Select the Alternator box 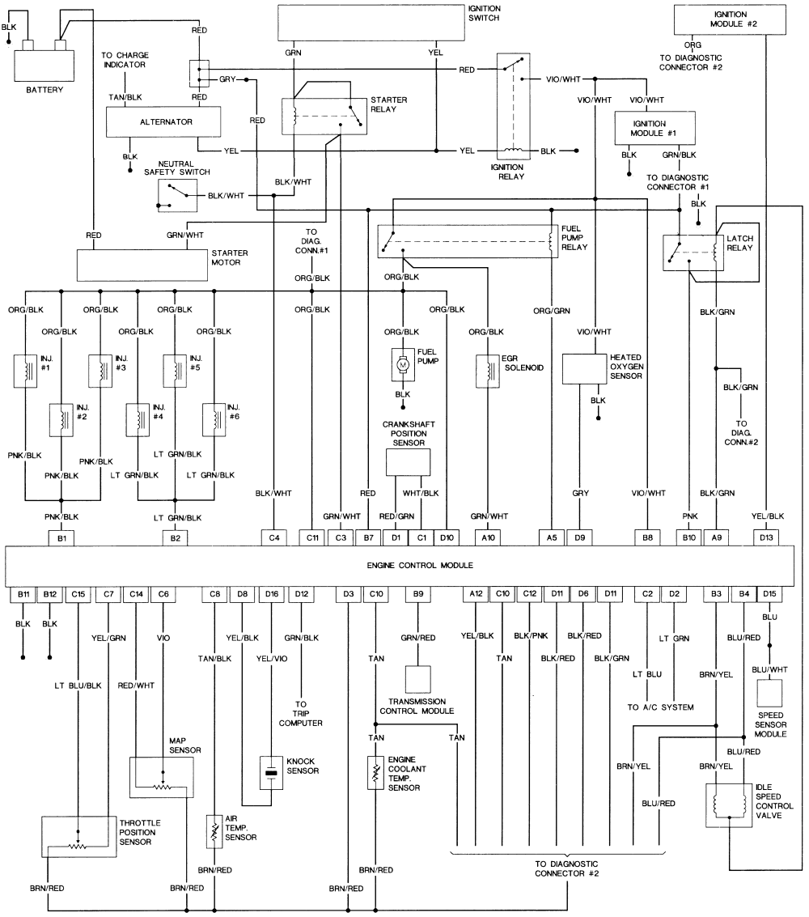(x=163, y=122)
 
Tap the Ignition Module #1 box (x=654, y=128)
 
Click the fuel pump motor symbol (x=403, y=364)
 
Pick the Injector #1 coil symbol (x=25, y=371)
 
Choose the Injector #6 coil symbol (x=214, y=420)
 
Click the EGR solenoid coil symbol (x=488, y=371)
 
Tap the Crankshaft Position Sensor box (x=408, y=463)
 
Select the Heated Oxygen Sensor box (x=584, y=369)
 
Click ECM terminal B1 (x=61, y=538)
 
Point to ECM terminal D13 (x=766, y=538)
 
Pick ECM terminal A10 (x=488, y=538)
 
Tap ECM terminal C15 (x=78, y=594)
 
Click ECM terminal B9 (x=418, y=594)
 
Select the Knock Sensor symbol (x=271, y=773)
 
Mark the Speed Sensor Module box (x=770, y=694)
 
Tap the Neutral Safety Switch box (x=177, y=195)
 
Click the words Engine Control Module (x=420, y=566)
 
